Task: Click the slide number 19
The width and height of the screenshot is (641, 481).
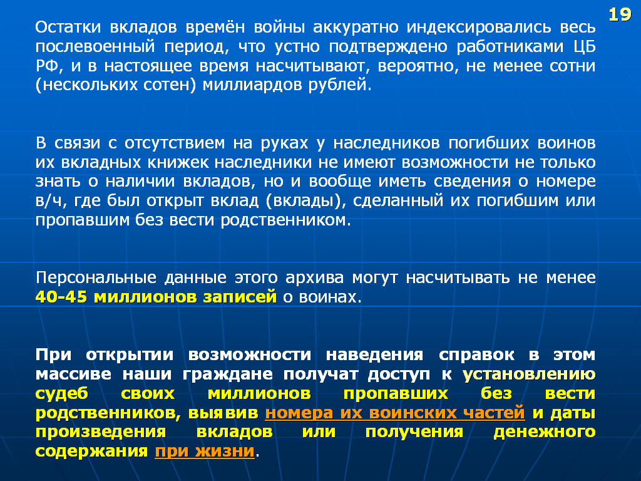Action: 620,15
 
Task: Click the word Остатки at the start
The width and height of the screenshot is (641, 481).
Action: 68,27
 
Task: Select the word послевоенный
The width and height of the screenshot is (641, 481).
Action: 95,46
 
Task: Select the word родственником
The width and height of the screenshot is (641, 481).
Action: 285,220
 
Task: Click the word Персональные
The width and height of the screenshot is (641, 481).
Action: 96,277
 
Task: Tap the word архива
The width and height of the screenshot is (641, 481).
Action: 314,277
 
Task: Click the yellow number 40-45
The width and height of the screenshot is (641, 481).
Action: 61,297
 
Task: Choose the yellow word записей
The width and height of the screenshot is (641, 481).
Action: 240,297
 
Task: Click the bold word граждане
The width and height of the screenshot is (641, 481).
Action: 227,375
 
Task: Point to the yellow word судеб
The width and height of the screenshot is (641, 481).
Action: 62,394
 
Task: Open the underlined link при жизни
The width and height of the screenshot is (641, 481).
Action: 205,452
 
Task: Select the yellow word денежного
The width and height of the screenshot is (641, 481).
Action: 545,432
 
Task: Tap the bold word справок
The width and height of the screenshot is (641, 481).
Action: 476,355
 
